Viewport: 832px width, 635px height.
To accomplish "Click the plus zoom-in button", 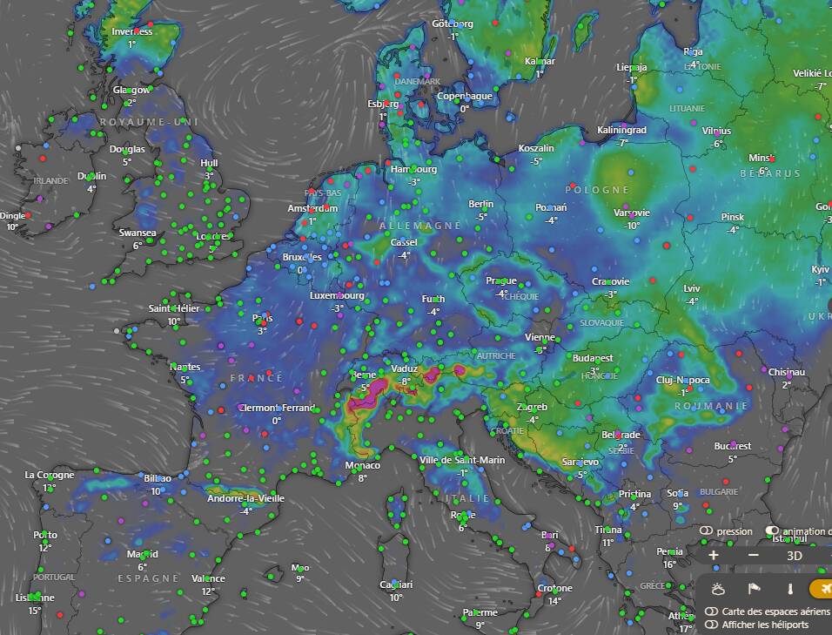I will [x=714, y=555].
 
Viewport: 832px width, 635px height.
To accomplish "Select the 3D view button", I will [x=794, y=555].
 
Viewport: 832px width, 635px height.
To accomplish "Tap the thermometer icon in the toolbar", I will [x=790, y=590].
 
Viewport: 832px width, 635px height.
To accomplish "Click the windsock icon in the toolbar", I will [x=755, y=590].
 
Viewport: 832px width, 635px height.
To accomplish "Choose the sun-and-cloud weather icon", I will [x=718, y=590].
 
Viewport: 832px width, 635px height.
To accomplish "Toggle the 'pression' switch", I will [x=706, y=530].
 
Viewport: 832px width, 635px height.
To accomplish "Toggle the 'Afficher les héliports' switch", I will [x=712, y=625].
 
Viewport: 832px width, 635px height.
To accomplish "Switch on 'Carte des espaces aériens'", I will [x=712, y=611].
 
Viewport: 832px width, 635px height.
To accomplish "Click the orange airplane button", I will [x=822, y=590].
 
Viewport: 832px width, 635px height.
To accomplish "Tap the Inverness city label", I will [x=132, y=32].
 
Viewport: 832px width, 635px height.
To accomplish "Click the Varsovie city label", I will [x=632, y=213].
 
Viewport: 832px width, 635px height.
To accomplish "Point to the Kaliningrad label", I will [x=621, y=130].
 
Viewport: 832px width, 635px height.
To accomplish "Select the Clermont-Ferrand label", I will [x=278, y=408].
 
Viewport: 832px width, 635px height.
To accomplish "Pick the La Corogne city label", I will [x=49, y=475].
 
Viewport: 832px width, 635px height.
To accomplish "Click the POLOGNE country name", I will [x=597, y=189].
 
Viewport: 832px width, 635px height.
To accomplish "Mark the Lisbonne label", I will [x=34, y=598].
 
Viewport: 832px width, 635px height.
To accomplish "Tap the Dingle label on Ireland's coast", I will [x=12, y=215].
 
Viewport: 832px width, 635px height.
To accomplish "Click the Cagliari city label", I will [x=396, y=584].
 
